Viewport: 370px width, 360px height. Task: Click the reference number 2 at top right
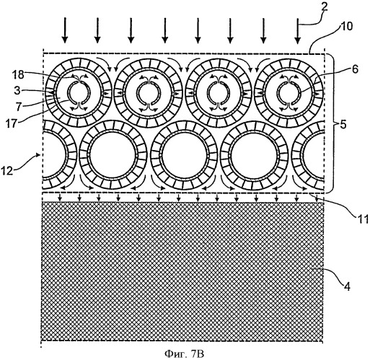(x=324, y=8)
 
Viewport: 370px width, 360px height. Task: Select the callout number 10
(x=345, y=27)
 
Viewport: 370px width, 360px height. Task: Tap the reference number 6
(x=355, y=69)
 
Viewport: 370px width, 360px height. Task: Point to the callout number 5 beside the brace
(x=343, y=125)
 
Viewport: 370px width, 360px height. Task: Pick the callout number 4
(x=346, y=286)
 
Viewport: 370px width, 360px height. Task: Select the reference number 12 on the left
(x=7, y=171)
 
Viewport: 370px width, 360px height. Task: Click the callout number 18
(x=19, y=75)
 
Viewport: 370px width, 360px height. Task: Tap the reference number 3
(x=17, y=92)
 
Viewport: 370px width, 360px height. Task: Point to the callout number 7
(x=18, y=107)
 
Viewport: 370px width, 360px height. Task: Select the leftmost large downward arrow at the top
(x=65, y=30)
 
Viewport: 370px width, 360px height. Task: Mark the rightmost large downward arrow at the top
(x=298, y=31)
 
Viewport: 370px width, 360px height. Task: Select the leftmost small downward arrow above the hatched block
(x=61, y=197)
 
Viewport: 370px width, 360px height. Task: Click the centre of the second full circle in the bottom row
(x=185, y=154)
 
